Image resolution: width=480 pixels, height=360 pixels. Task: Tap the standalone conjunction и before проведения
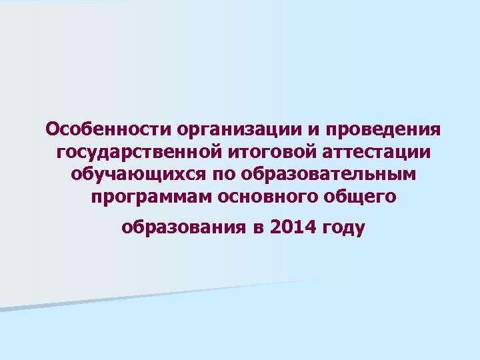[305, 128]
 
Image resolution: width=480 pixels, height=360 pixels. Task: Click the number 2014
[293, 228]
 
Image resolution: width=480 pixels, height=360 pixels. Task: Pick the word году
[343, 229]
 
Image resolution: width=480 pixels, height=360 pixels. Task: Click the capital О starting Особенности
[52, 127]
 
